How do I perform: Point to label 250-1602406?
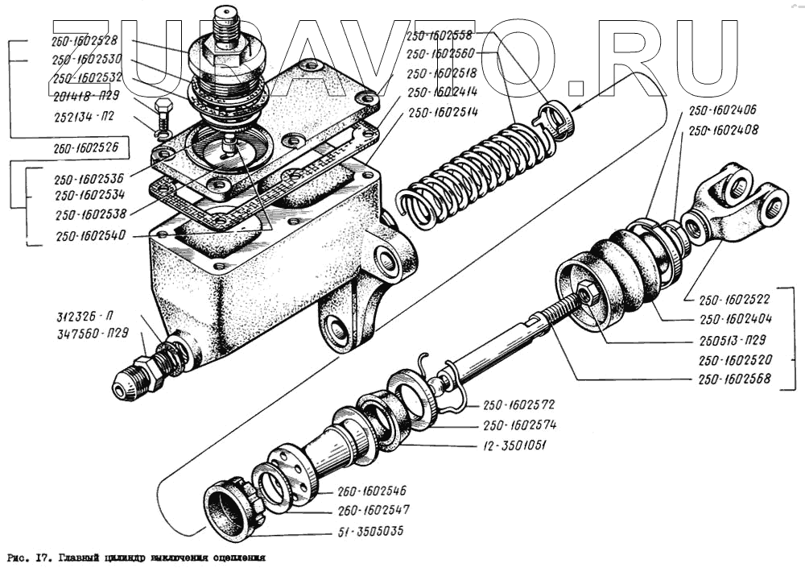[720, 110]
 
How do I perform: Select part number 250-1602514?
[444, 112]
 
